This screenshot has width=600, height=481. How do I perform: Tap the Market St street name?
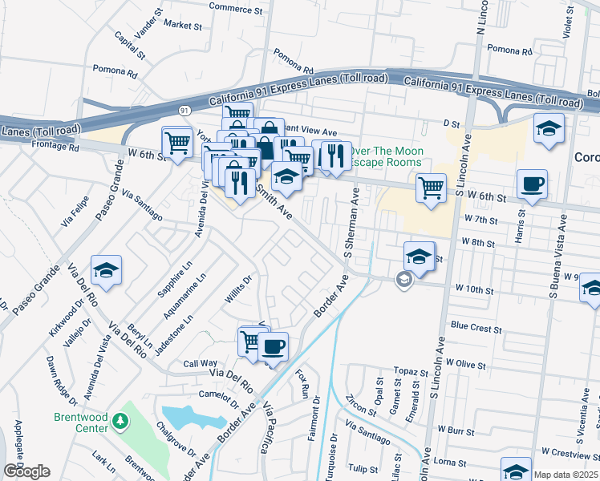[182, 26]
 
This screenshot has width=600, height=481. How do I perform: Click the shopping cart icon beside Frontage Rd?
[177, 143]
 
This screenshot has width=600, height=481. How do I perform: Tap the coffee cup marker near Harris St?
[532, 185]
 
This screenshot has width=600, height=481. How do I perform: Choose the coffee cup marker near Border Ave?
[274, 347]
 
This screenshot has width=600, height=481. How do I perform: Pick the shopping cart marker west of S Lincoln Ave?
[431, 189]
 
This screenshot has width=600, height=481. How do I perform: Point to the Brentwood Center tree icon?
[120, 420]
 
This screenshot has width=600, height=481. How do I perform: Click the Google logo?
[26, 471]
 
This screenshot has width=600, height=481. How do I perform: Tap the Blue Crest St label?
[476, 327]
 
